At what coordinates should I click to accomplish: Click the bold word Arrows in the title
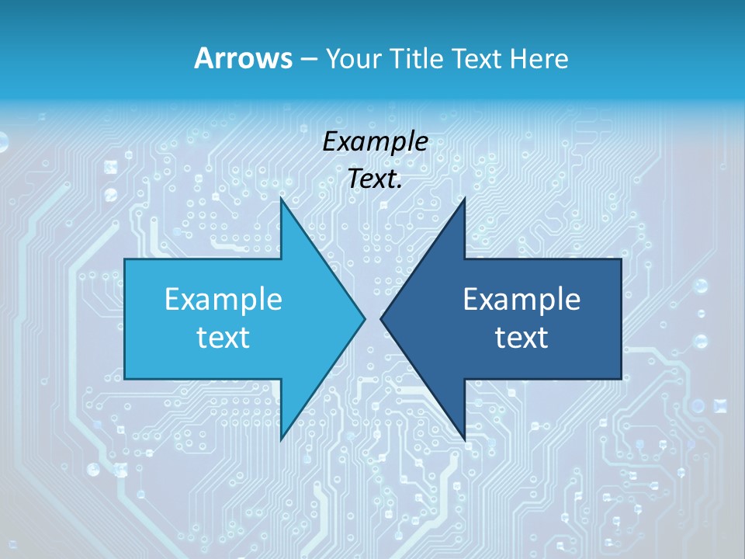(243, 58)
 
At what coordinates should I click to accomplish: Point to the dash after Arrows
(308, 59)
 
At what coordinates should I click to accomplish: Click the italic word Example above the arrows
(375, 141)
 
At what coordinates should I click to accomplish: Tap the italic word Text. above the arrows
(375, 179)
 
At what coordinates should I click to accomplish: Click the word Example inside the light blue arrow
(223, 299)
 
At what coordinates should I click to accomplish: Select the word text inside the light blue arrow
(223, 338)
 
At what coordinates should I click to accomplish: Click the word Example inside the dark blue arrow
(521, 299)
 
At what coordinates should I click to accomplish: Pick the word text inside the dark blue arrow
(521, 338)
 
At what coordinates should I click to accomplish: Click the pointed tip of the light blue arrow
(364, 318)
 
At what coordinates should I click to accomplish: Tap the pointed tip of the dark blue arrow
(381, 318)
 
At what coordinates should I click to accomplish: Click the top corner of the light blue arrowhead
(282, 199)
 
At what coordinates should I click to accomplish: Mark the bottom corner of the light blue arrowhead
(282, 439)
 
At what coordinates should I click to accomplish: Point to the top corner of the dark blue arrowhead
(464, 199)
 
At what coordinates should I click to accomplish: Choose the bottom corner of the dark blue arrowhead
(464, 439)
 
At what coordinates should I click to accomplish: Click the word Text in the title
(480, 58)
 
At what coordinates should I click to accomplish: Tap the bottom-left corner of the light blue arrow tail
(126, 378)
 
